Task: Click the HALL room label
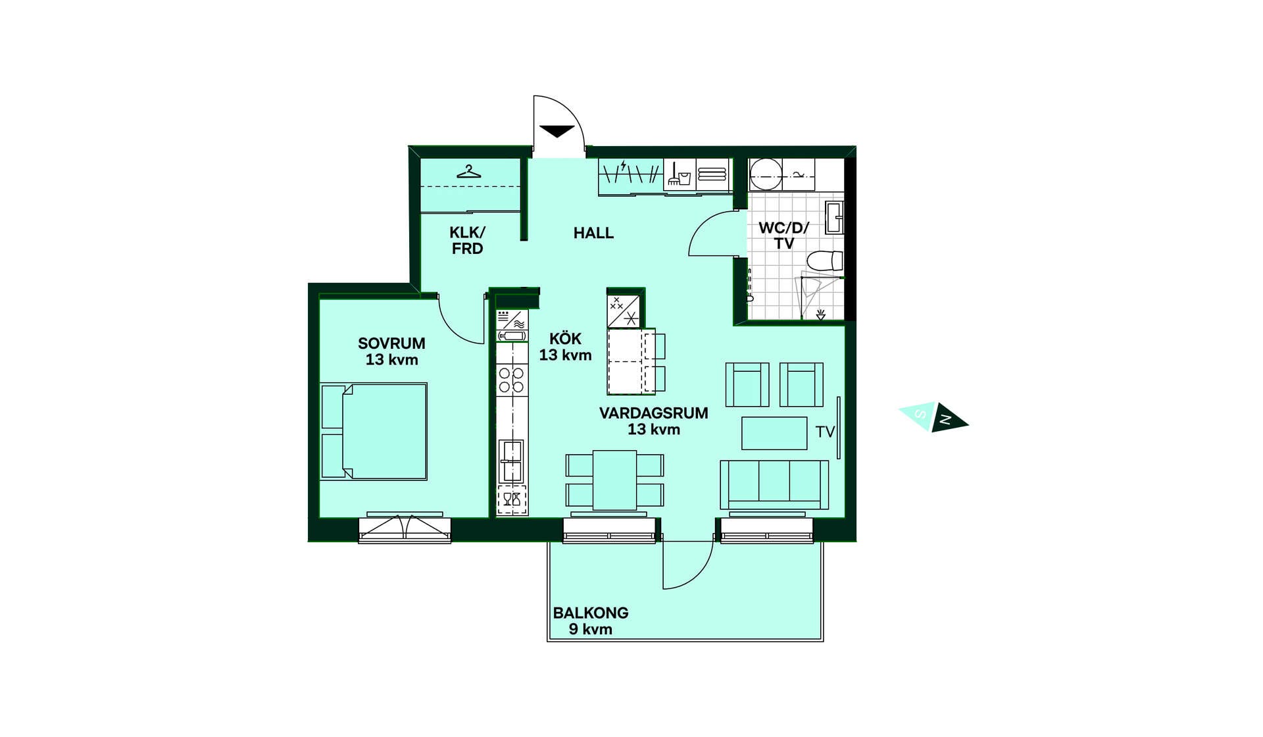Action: tap(593, 233)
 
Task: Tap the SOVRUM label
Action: tap(391, 343)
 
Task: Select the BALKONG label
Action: tap(591, 613)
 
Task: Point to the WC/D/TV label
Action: tap(783, 236)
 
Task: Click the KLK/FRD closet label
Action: tap(467, 240)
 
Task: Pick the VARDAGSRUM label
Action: tap(654, 413)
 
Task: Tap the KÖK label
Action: tap(566, 338)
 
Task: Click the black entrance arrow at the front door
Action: tap(557, 131)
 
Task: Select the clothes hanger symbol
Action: tap(469, 172)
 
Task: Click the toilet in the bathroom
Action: tap(825, 261)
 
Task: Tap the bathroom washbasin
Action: tap(834, 218)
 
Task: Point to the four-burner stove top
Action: tap(511, 380)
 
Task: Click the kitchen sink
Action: tap(511, 461)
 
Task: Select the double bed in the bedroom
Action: tap(374, 431)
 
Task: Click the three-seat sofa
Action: tap(774, 485)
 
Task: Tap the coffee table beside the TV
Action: tap(774, 433)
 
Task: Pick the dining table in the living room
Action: tap(614, 480)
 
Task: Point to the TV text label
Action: tap(825, 432)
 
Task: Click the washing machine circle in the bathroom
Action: tap(766, 174)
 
